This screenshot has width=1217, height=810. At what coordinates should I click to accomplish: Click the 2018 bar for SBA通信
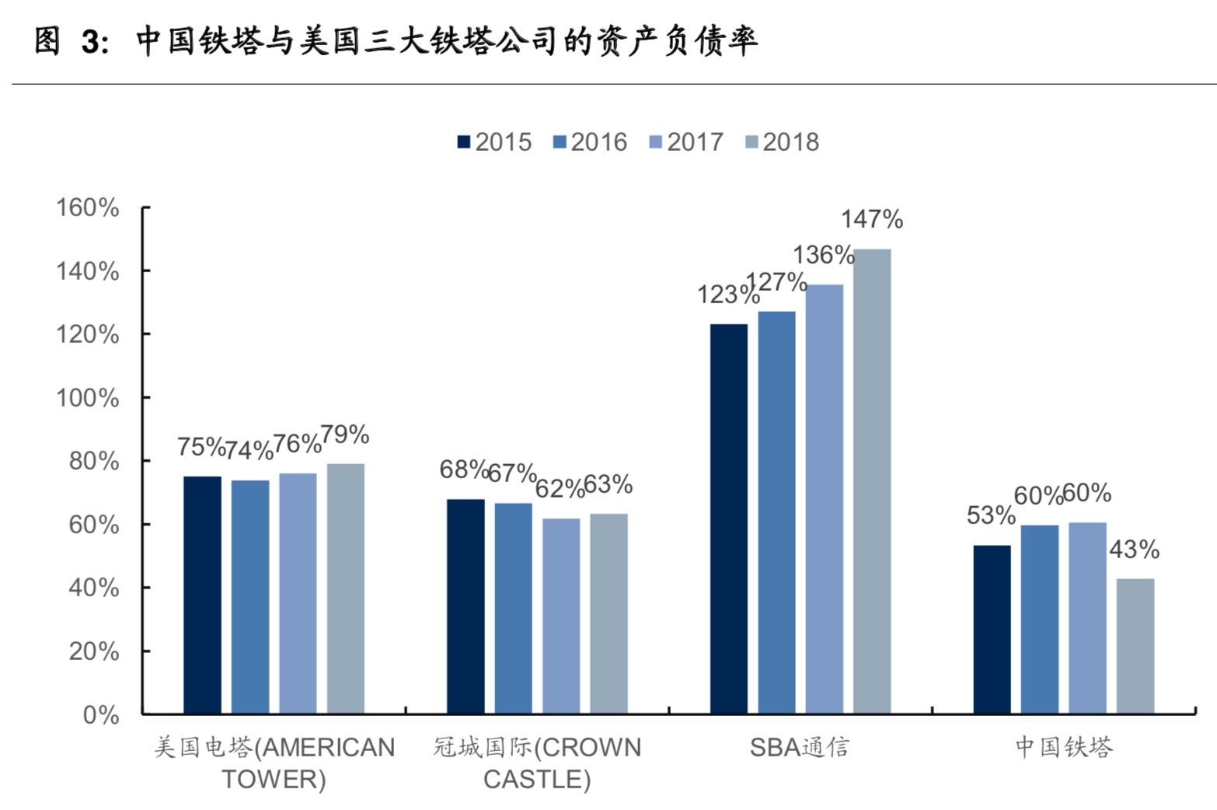coord(872,481)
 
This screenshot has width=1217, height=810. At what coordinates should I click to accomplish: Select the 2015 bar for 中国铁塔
coord(992,629)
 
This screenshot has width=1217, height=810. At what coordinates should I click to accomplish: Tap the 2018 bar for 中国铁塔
coord(1135,645)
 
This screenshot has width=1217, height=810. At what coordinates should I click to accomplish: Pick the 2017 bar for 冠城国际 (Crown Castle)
coord(560,615)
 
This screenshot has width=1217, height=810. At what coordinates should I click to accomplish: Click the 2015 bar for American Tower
coord(202,595)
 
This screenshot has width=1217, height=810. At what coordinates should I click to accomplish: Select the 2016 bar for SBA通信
coord(776,512)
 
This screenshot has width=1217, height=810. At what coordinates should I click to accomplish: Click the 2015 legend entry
coord(495,142)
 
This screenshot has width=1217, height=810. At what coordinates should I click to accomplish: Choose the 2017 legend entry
coord(686,142)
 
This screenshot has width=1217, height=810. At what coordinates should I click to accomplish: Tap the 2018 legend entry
coord(782,142)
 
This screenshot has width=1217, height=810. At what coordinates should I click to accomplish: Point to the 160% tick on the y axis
coord(87,208)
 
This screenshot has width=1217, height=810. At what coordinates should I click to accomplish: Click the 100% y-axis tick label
coord(87,398)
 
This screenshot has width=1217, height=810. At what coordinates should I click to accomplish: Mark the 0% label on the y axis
coord(100,714)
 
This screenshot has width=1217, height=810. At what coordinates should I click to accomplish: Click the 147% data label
coord(872,220)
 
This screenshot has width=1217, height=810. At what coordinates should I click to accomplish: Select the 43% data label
coord(1134,550)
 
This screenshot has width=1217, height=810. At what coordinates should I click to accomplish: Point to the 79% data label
coord(345,435)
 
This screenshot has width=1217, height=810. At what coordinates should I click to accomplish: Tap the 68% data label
coord(464,470)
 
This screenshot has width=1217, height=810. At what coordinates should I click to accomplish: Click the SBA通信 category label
coord(800,747)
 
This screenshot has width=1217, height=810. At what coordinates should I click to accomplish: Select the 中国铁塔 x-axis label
coord(1064,747)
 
